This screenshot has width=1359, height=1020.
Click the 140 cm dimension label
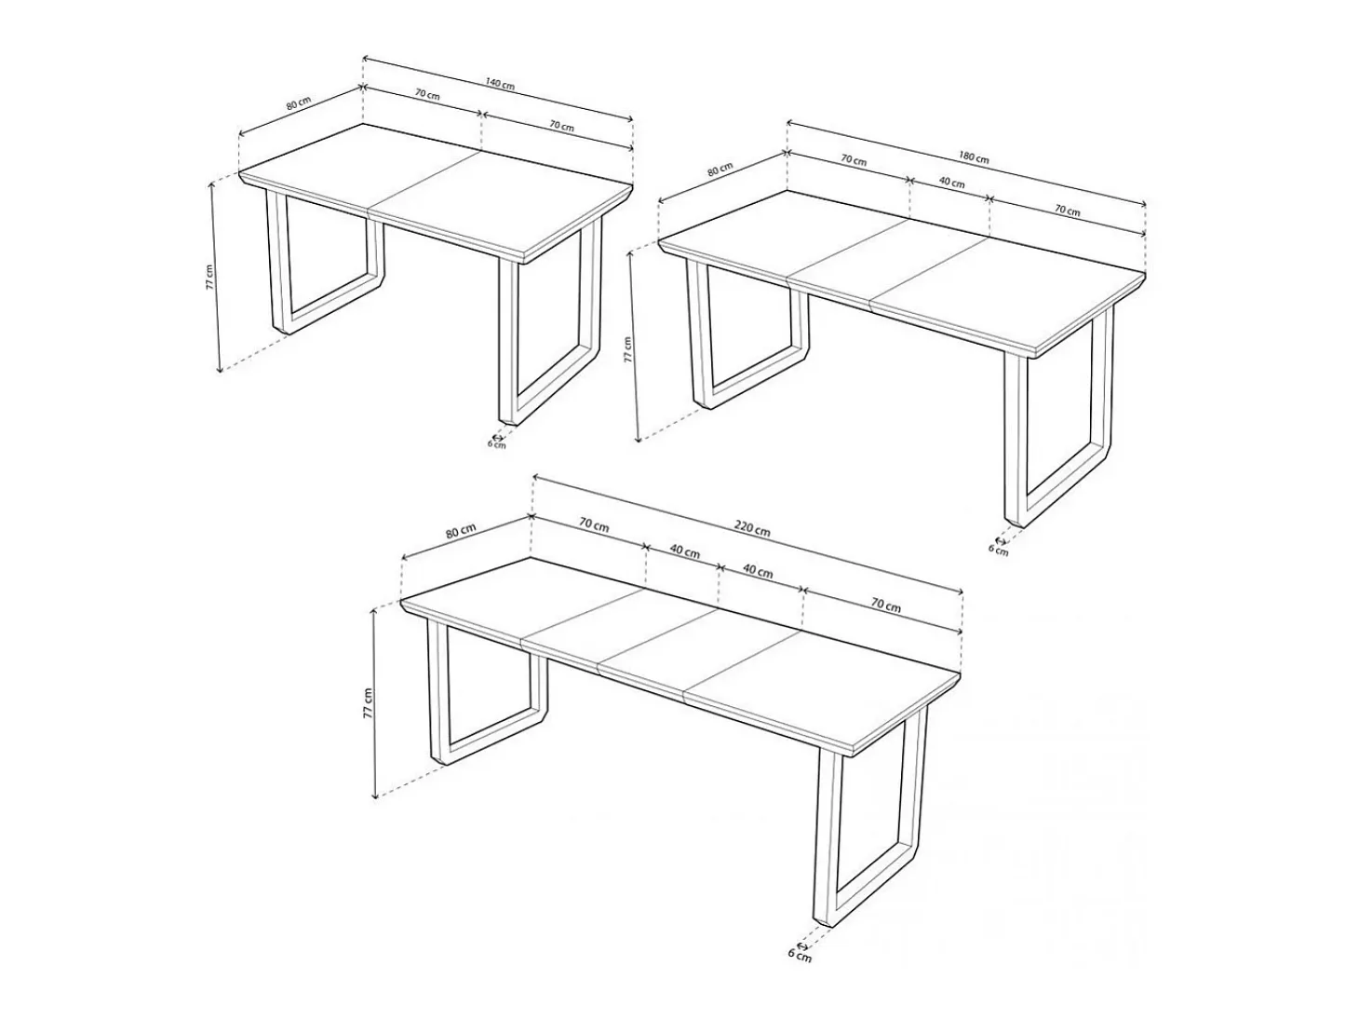500,84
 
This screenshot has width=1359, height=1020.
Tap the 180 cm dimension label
974,157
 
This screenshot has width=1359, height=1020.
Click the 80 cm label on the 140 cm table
299,103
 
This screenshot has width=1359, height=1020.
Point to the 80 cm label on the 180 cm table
720,170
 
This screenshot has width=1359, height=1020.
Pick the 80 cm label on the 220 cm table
460,532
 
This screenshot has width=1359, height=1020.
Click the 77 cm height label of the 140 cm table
209,277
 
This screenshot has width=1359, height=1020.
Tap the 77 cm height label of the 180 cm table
627,349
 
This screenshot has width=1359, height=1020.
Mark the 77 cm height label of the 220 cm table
368,702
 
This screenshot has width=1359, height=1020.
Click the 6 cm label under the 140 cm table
496,443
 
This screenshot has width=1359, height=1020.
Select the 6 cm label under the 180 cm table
998,550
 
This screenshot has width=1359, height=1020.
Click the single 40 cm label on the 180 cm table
951,183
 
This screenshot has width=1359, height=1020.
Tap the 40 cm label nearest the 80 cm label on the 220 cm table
684,551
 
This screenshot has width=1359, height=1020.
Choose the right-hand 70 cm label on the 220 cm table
885,605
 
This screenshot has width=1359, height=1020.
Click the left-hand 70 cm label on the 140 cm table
427,95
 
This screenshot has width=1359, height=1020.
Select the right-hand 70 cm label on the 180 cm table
1068,211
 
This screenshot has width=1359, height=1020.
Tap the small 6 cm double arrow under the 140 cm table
496,436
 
